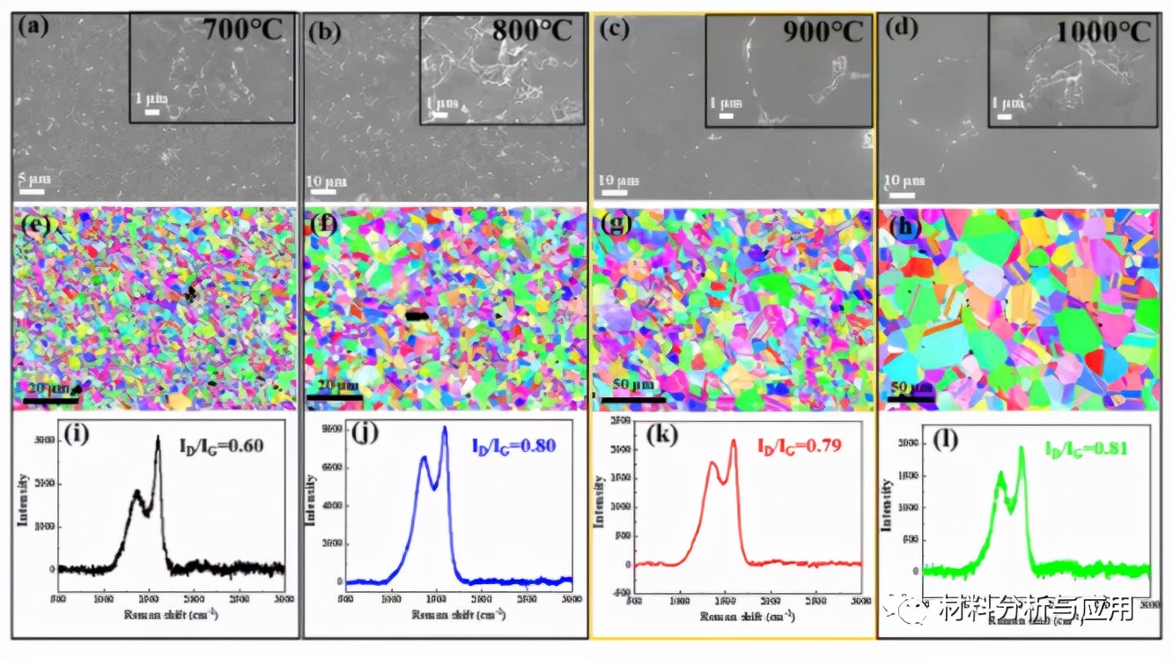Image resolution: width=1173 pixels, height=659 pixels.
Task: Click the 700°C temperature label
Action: tap(243, 32)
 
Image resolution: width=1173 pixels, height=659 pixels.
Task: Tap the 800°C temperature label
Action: tap(533, 32)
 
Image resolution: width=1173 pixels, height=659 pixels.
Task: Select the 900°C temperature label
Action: tap(823, 32)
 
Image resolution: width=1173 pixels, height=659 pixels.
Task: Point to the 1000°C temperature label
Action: tap(1104, 32)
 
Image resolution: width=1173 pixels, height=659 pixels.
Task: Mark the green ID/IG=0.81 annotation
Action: tap(1087, 448)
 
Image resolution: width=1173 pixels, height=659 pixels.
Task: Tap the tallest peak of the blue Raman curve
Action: tap(445, 428)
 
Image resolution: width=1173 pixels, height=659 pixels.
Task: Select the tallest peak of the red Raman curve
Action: tap(733, 441)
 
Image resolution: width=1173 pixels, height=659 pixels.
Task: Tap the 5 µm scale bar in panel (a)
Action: tap(33, 189)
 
